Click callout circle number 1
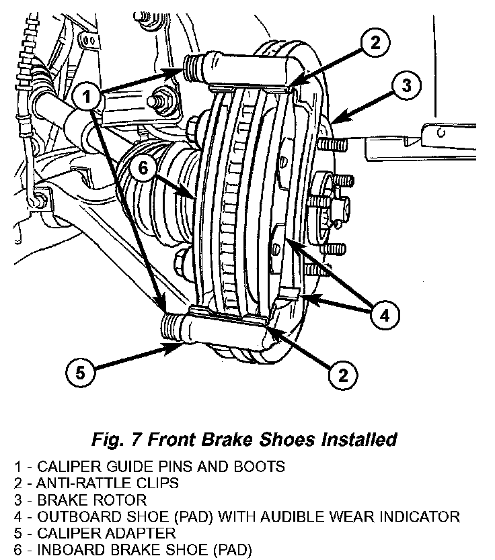click(86, 97)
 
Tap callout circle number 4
click(381, 315)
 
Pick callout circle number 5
click(81, 373)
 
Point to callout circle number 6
click(143, 169)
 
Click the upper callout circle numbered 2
click(375, 43)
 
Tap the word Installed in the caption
click(352, 440)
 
